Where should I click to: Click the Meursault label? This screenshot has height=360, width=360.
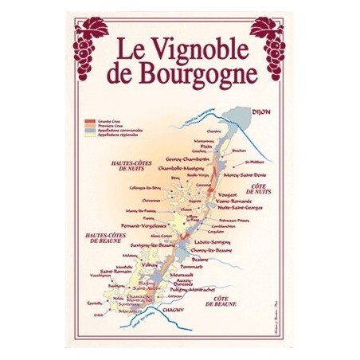click(x=186, y=275)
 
